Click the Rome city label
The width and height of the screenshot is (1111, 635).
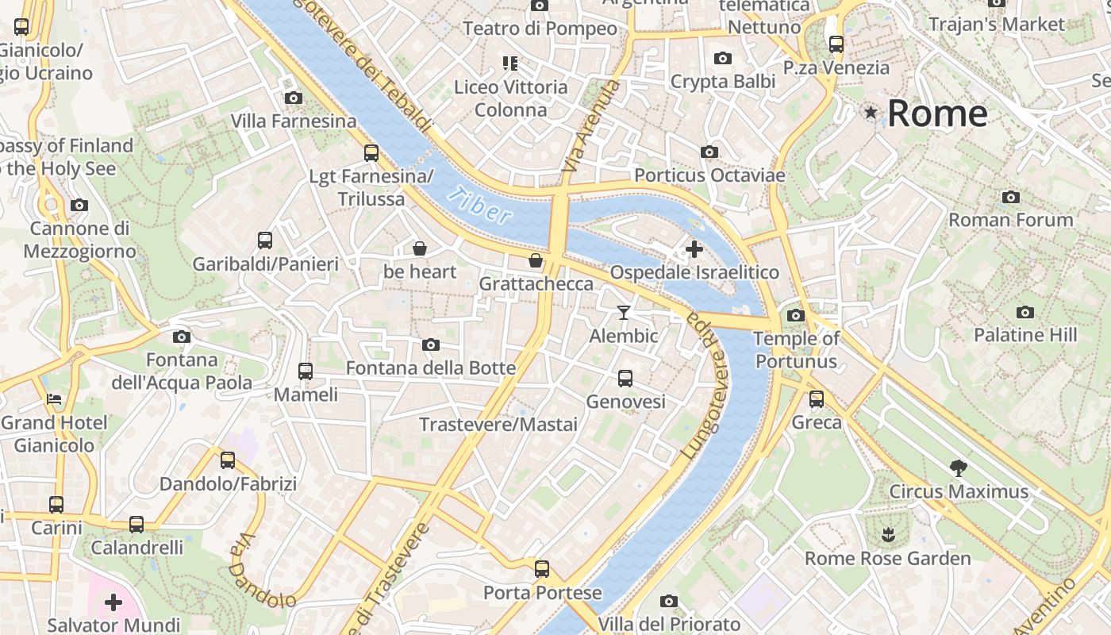937,114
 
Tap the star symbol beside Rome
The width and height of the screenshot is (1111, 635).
871,113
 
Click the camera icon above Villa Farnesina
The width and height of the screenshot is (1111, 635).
294,98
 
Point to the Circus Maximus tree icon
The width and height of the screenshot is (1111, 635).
959,468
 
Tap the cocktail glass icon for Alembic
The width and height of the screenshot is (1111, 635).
624,313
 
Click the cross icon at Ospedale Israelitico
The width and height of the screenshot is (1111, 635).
694,249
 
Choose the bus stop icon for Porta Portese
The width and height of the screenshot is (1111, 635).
542,569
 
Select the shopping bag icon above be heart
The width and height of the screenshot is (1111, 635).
420,248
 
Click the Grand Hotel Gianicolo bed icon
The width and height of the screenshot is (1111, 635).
54,398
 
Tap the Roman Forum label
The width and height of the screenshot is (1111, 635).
1011,220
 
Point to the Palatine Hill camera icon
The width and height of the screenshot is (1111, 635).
1025,312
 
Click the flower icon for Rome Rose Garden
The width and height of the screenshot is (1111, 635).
888,535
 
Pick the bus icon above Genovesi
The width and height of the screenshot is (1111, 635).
625,379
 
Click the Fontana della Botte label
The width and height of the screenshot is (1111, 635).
431,368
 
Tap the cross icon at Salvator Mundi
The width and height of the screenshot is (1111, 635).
113,602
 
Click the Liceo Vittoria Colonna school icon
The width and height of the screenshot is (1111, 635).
510,63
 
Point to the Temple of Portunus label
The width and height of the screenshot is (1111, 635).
796,350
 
